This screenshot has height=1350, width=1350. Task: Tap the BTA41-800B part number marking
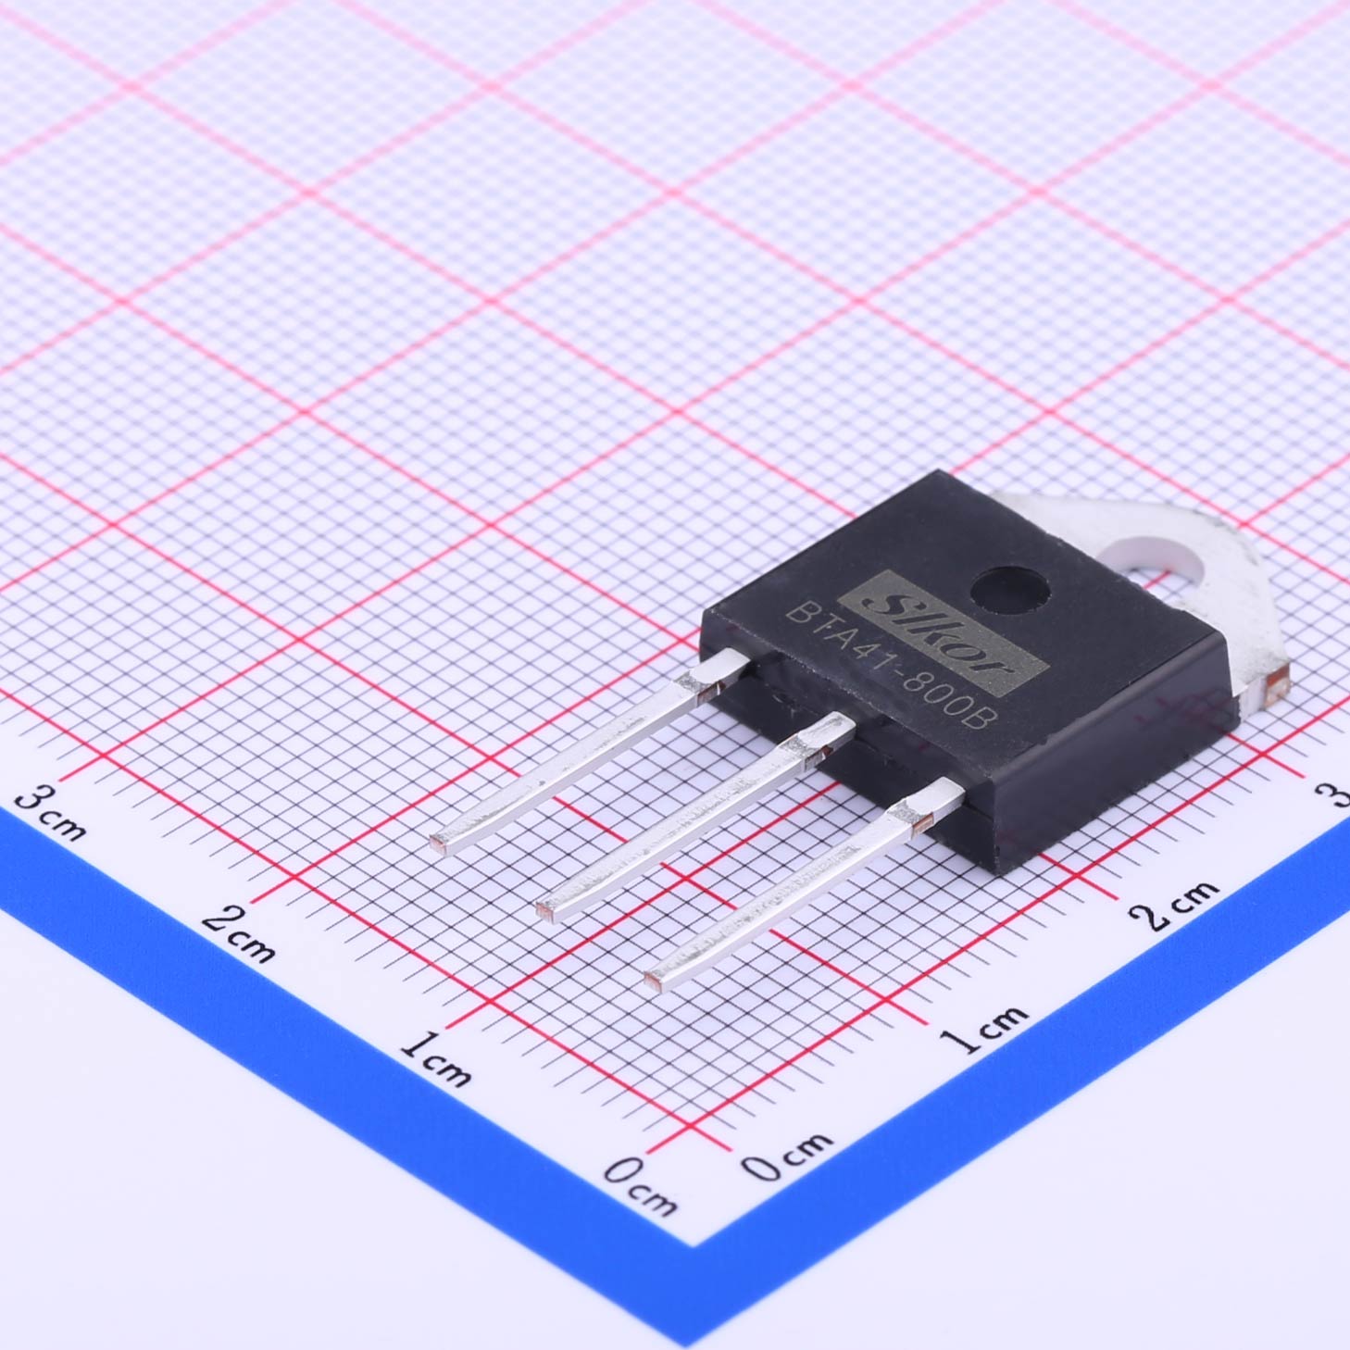click(887, 669)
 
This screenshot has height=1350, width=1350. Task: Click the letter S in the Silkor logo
click(883, 605)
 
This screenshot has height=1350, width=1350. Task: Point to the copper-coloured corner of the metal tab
click(1277, 680)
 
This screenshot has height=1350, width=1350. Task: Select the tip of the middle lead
click(545, 910)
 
